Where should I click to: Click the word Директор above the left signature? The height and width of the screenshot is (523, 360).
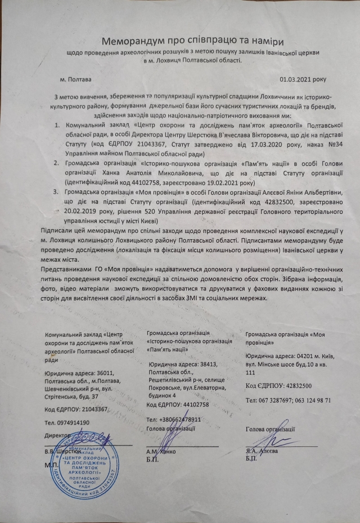coord(57,435)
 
